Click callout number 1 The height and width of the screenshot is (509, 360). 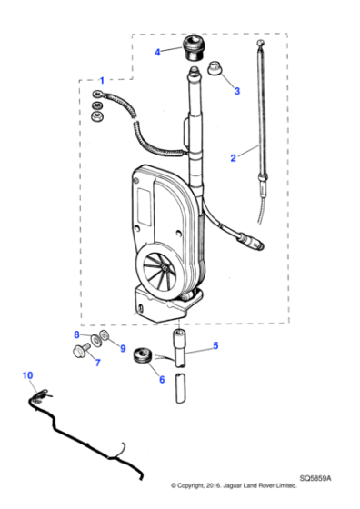point(102,80)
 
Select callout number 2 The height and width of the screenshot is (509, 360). point(233,157)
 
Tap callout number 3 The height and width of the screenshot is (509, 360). point(237,91)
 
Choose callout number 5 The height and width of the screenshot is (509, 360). point(215,345)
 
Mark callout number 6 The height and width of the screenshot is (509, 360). point(163,380)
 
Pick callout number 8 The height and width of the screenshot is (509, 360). point(77,335)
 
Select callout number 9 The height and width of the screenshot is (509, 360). point(123,346)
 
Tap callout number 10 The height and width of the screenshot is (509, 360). point(27,374)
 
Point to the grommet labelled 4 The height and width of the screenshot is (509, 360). point(193,45)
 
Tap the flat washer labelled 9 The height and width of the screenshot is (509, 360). point(107,338)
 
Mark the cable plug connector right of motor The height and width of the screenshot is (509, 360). point(249,245)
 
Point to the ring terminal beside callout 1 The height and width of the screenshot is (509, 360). point(96,94)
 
